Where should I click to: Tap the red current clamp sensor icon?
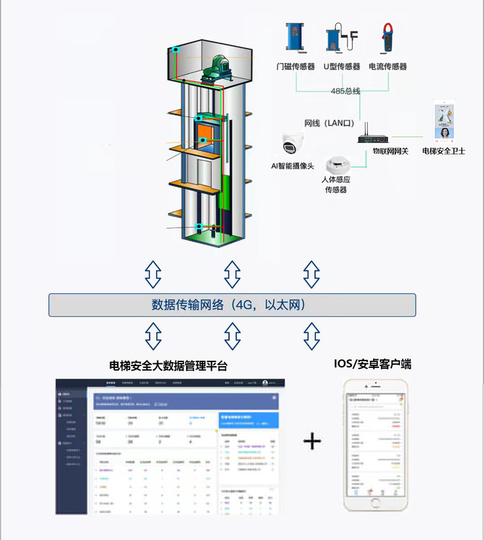point(388,38)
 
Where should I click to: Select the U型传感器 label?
point(341,66)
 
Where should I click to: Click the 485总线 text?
point(346,91)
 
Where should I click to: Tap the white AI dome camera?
point(293,145)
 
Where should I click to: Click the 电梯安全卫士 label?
point(444,151)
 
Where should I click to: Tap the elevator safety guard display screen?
point(443,122)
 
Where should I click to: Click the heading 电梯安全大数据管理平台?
point(168,366)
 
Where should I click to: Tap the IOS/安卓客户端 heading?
point(372,364)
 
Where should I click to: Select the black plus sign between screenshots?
point(312,441)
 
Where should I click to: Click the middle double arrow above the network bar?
point(233,274)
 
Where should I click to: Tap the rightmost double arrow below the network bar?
point(311,336)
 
